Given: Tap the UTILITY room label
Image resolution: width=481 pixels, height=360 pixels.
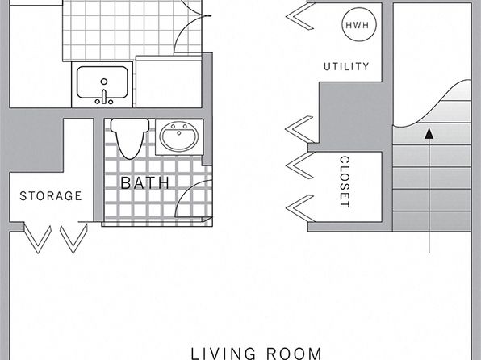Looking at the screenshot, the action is pos(346,67).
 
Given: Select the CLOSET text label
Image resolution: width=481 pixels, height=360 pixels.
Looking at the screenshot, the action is pos(345,182).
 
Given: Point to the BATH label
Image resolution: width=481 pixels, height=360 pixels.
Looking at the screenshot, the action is pos(145,182).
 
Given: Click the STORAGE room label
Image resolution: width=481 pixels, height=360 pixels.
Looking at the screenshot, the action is pos(51,196).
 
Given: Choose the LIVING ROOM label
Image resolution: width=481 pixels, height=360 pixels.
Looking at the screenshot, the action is pos(256,354).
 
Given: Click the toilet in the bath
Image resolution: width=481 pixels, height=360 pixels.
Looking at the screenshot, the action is pos(130,138).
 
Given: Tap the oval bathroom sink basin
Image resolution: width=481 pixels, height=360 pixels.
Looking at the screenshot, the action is pos(179,137).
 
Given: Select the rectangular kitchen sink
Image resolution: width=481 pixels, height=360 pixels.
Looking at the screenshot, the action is pos(102,82).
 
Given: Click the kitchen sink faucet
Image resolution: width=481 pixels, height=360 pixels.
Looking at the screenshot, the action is pos(104,96).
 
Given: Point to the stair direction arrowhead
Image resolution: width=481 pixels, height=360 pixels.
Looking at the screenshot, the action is pos(429,133).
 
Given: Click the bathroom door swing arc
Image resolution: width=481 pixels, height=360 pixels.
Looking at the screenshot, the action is pos(187,190).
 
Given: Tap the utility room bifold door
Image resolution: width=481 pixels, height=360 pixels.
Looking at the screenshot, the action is pos(300,16).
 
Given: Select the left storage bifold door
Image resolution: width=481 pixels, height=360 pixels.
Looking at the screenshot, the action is pos(37,238).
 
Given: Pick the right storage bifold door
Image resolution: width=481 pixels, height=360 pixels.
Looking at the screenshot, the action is pos(73,238).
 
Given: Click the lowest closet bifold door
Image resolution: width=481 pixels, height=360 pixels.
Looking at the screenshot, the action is pos(300,208).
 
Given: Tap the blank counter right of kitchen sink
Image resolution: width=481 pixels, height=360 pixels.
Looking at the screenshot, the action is pos(169,84).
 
